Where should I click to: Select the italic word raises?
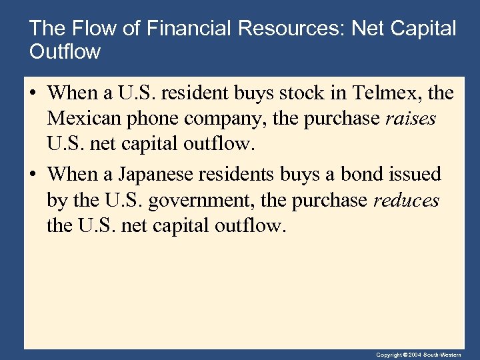pos(411,119)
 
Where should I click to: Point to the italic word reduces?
pos(406,200)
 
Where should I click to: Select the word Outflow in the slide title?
pos(65,51)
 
